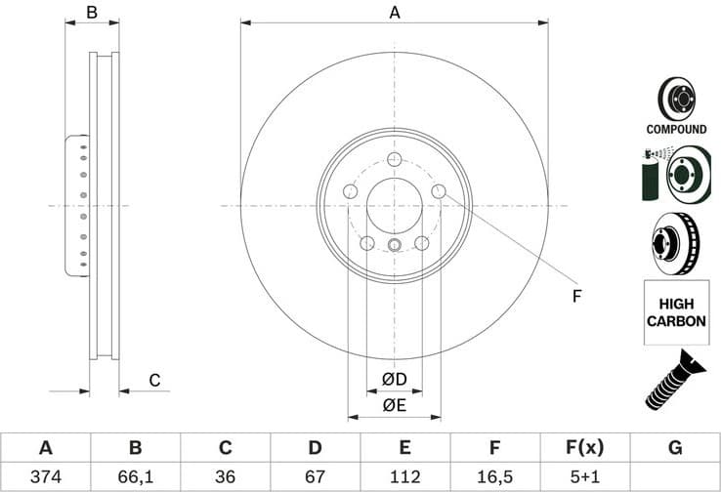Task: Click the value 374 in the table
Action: (x=45, y=476)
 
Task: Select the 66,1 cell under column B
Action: (x=135, y=476)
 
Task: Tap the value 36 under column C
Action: (x=225, y=476)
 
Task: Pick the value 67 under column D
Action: (x=315, y=476)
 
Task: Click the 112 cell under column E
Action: (x=404, y=476)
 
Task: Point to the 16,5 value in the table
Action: (x=495, y=476)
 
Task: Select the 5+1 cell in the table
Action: (x=585, y=476)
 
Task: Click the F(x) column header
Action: (x=585, y=448)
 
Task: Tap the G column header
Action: (x=675, y=448)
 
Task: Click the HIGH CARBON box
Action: (x=676, y=311)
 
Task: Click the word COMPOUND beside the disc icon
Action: (x=676, y=129)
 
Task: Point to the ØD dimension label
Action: (x=394, y=379)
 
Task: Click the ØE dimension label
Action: (x=394, y=403)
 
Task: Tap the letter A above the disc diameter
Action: (x=395, y=13)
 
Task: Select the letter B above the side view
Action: (x=92, y=13)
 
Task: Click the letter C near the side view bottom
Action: (x=153, y=380)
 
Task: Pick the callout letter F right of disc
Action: (x=576, y=296)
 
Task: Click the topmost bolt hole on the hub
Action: (x=395, y=161)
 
